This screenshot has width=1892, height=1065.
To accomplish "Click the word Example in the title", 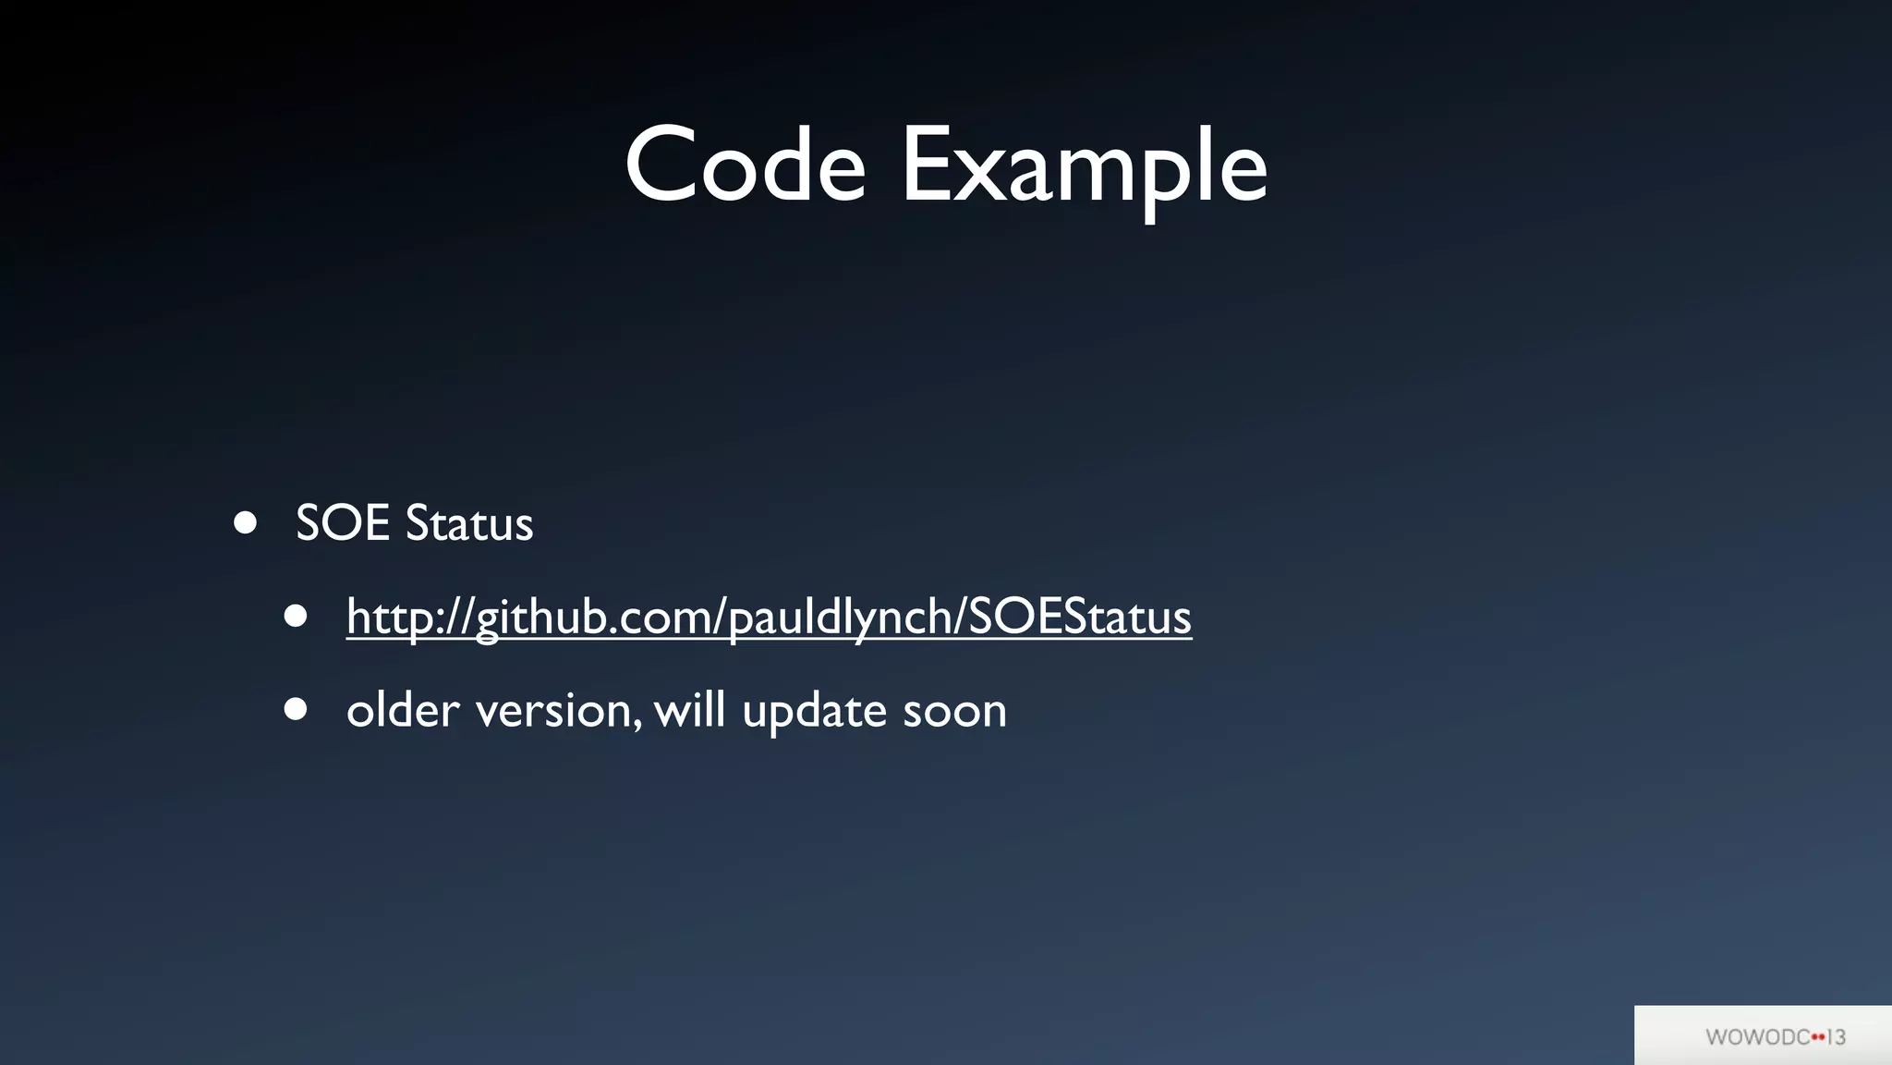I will [1084, 166].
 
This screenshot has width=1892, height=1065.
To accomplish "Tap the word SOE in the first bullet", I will [342, 523].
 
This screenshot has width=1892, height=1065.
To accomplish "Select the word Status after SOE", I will [469, 523].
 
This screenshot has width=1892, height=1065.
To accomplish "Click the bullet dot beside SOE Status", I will [245, 523].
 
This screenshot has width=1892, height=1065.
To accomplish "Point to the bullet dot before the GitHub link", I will [296, 617].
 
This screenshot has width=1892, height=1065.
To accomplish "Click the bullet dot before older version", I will [296, 710].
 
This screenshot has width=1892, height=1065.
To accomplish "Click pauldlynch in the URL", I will [840, 617].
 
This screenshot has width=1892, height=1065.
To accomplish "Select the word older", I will [403, 710].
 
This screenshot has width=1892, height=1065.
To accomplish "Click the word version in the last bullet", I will [552, 710].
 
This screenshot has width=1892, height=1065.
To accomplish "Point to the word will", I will [688, 710].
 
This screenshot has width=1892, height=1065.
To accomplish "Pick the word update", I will [814, 710].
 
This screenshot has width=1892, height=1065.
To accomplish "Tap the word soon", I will [954, 710].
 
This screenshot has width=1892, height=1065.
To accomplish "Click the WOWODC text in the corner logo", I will [1757, 1037].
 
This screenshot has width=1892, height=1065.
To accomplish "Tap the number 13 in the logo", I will [1836, 1037].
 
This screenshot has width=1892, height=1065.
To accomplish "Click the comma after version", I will [637, 723].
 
